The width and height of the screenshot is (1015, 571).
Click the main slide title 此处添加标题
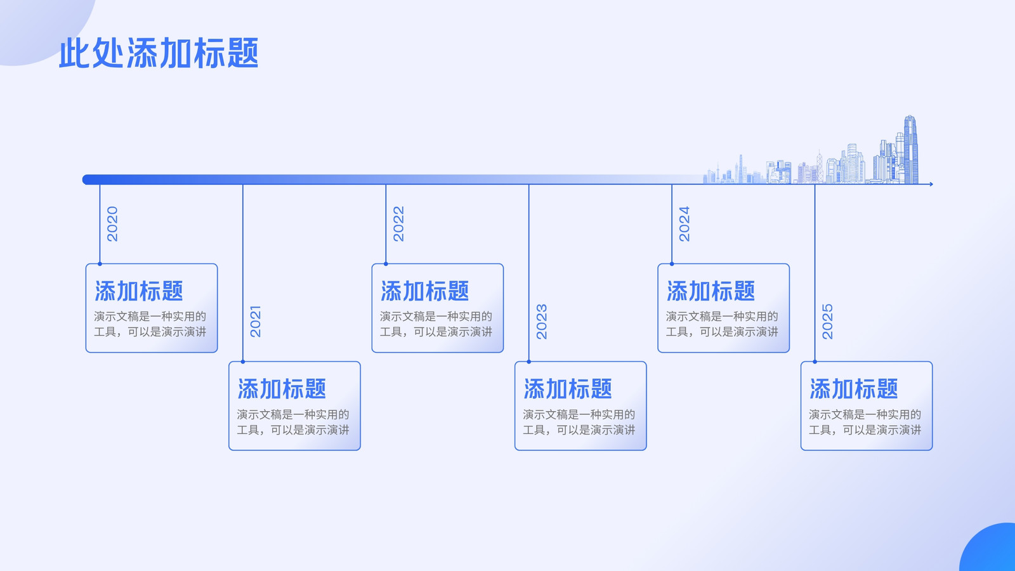(159, 53)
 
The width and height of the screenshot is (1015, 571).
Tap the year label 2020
(112, 224)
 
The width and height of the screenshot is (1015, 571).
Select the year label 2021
(256, 321)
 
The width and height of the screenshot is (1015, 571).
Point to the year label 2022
(399, 224)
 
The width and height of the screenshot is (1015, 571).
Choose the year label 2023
(542, 321)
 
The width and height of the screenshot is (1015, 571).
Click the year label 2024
(684, 224)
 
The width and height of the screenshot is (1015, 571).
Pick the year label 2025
(827, 321)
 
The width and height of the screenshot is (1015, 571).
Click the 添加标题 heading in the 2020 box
(139, 291)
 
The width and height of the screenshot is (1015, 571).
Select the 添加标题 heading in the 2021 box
(282, 389)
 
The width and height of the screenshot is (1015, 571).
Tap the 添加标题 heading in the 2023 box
(568, 389)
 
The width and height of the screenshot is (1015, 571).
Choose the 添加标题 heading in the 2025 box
(854, 389)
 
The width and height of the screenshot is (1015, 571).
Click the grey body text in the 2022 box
(436, 324)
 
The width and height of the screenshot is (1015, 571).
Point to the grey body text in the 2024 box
(722, 324)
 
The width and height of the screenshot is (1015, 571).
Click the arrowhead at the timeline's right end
(931, 184)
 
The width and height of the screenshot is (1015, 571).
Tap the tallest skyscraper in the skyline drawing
(911, 150)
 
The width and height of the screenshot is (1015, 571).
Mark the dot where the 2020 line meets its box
(100, 264)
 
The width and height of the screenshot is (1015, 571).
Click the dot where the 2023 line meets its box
(529, 362)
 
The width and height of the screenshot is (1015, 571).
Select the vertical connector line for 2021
(243, 273)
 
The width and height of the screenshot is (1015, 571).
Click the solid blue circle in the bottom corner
(990, 549)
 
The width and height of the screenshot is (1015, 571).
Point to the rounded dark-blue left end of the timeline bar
(87, 180)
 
